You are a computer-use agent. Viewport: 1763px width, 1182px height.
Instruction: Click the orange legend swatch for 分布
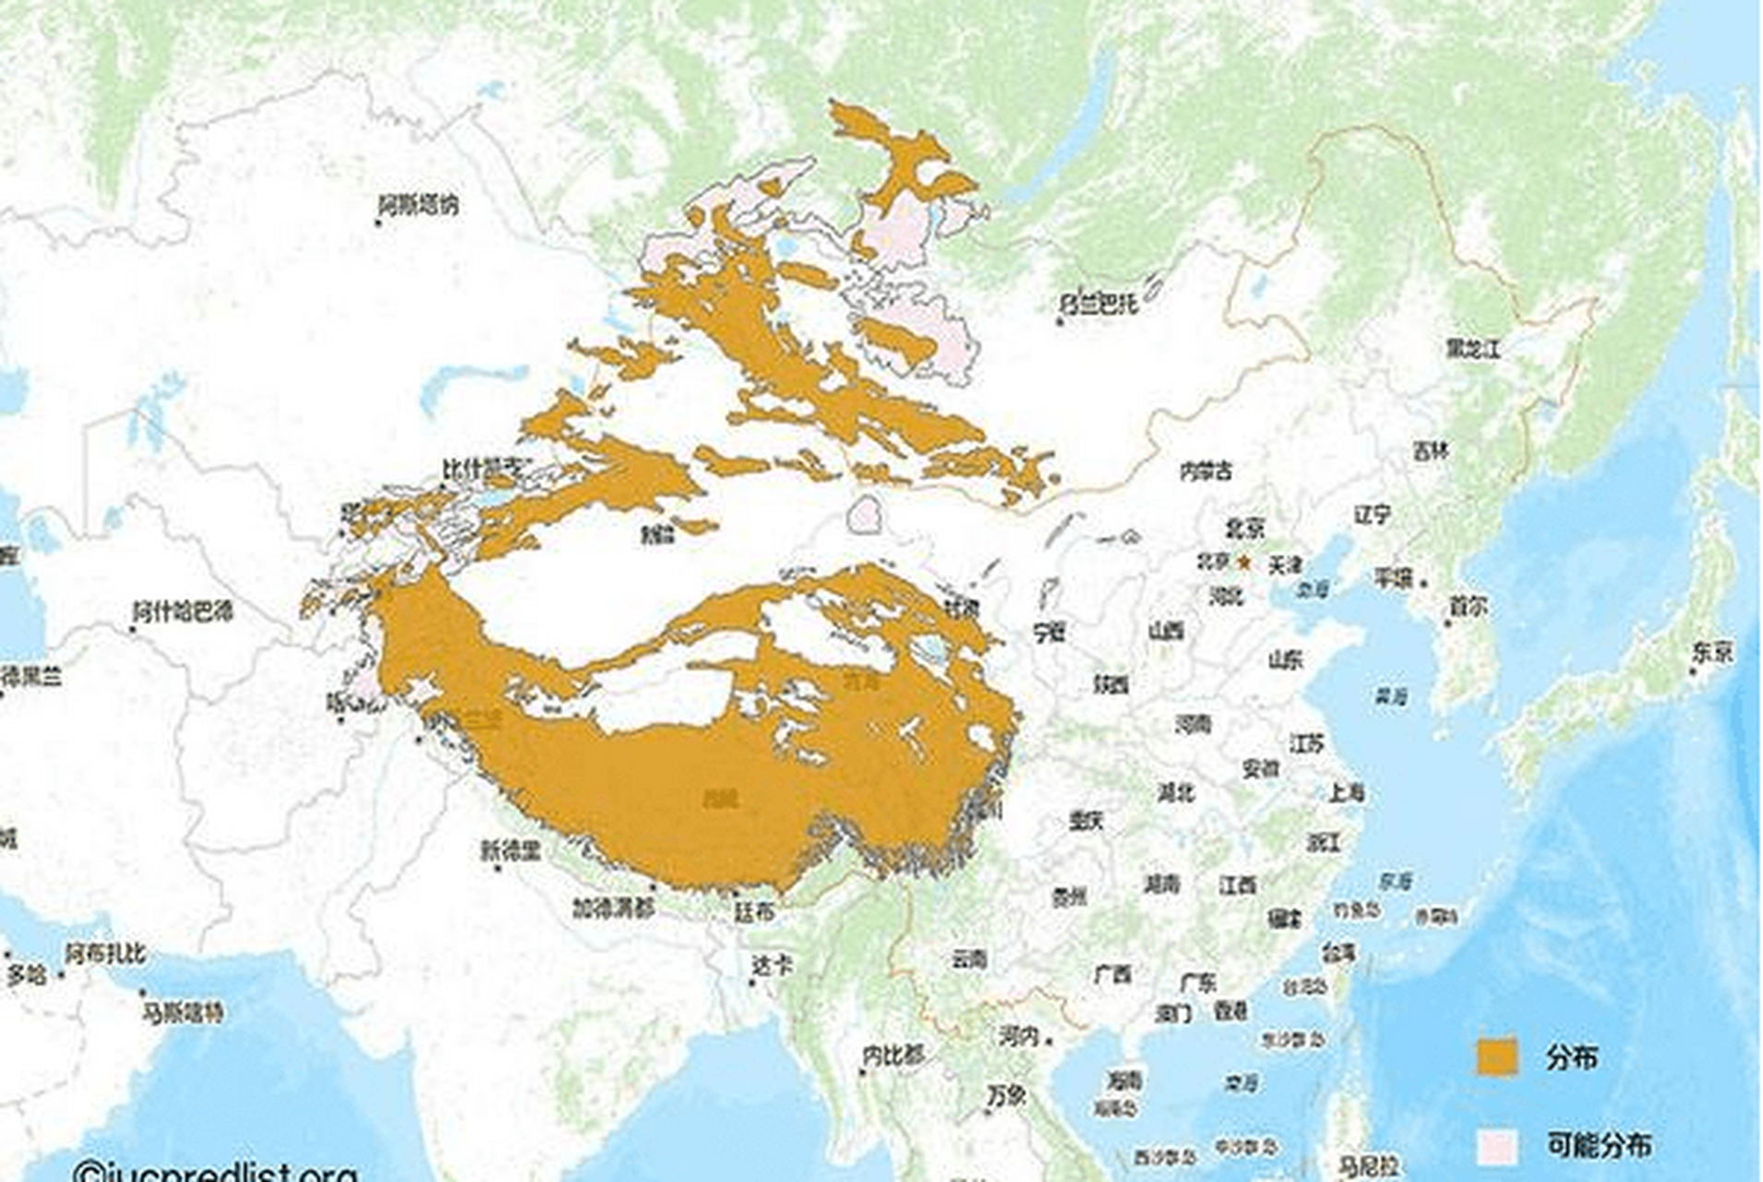point(1496,1056)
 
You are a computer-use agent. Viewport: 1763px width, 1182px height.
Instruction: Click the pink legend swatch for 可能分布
point(1496,1146)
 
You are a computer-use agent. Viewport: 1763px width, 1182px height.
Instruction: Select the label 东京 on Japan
point(1712,652)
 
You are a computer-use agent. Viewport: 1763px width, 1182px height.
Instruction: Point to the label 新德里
point(510,850)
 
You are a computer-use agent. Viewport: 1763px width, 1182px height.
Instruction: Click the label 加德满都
point(613,908)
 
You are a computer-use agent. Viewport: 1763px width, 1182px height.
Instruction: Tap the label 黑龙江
point(1473,349)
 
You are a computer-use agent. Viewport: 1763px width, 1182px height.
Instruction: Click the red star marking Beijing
point(1243,561)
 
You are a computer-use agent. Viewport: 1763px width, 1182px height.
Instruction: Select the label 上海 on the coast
point(1347,792)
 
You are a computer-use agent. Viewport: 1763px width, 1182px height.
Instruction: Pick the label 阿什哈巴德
point(184,611)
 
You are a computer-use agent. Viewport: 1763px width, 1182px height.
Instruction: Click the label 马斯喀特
point(183,1012)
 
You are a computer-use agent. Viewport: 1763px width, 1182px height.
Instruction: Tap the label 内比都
point(893,1054)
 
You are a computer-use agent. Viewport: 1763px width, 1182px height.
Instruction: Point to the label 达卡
point(772,966)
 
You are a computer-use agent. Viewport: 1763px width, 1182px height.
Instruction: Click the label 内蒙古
point(1206,471)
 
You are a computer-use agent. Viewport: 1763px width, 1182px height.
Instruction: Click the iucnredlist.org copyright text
point(216,1171)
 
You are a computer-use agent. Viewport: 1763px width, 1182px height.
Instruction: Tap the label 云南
point(969,959)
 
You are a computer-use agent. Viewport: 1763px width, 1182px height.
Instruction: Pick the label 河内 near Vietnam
point(1019,1036)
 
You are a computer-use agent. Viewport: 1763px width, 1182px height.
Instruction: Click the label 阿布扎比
point(105,954)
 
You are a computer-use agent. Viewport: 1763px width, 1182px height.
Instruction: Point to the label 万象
point(1006,1096)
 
